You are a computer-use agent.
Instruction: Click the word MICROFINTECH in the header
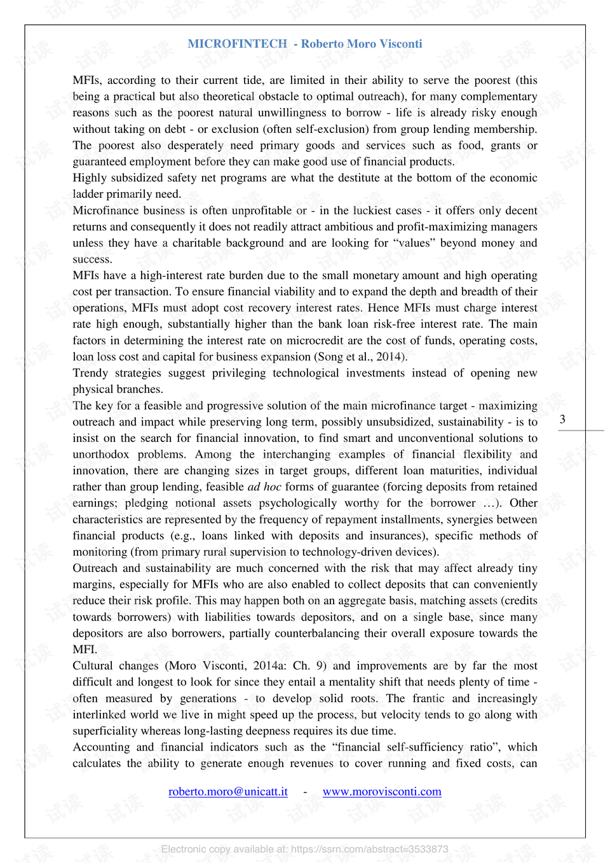237,44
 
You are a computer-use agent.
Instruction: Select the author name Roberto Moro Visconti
362,44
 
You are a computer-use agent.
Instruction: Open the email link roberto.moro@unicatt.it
227,792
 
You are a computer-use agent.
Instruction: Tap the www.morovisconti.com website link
382,792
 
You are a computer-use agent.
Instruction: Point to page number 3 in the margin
562,419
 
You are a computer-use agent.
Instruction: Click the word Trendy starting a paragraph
90,373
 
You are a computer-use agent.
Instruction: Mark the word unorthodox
100,455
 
